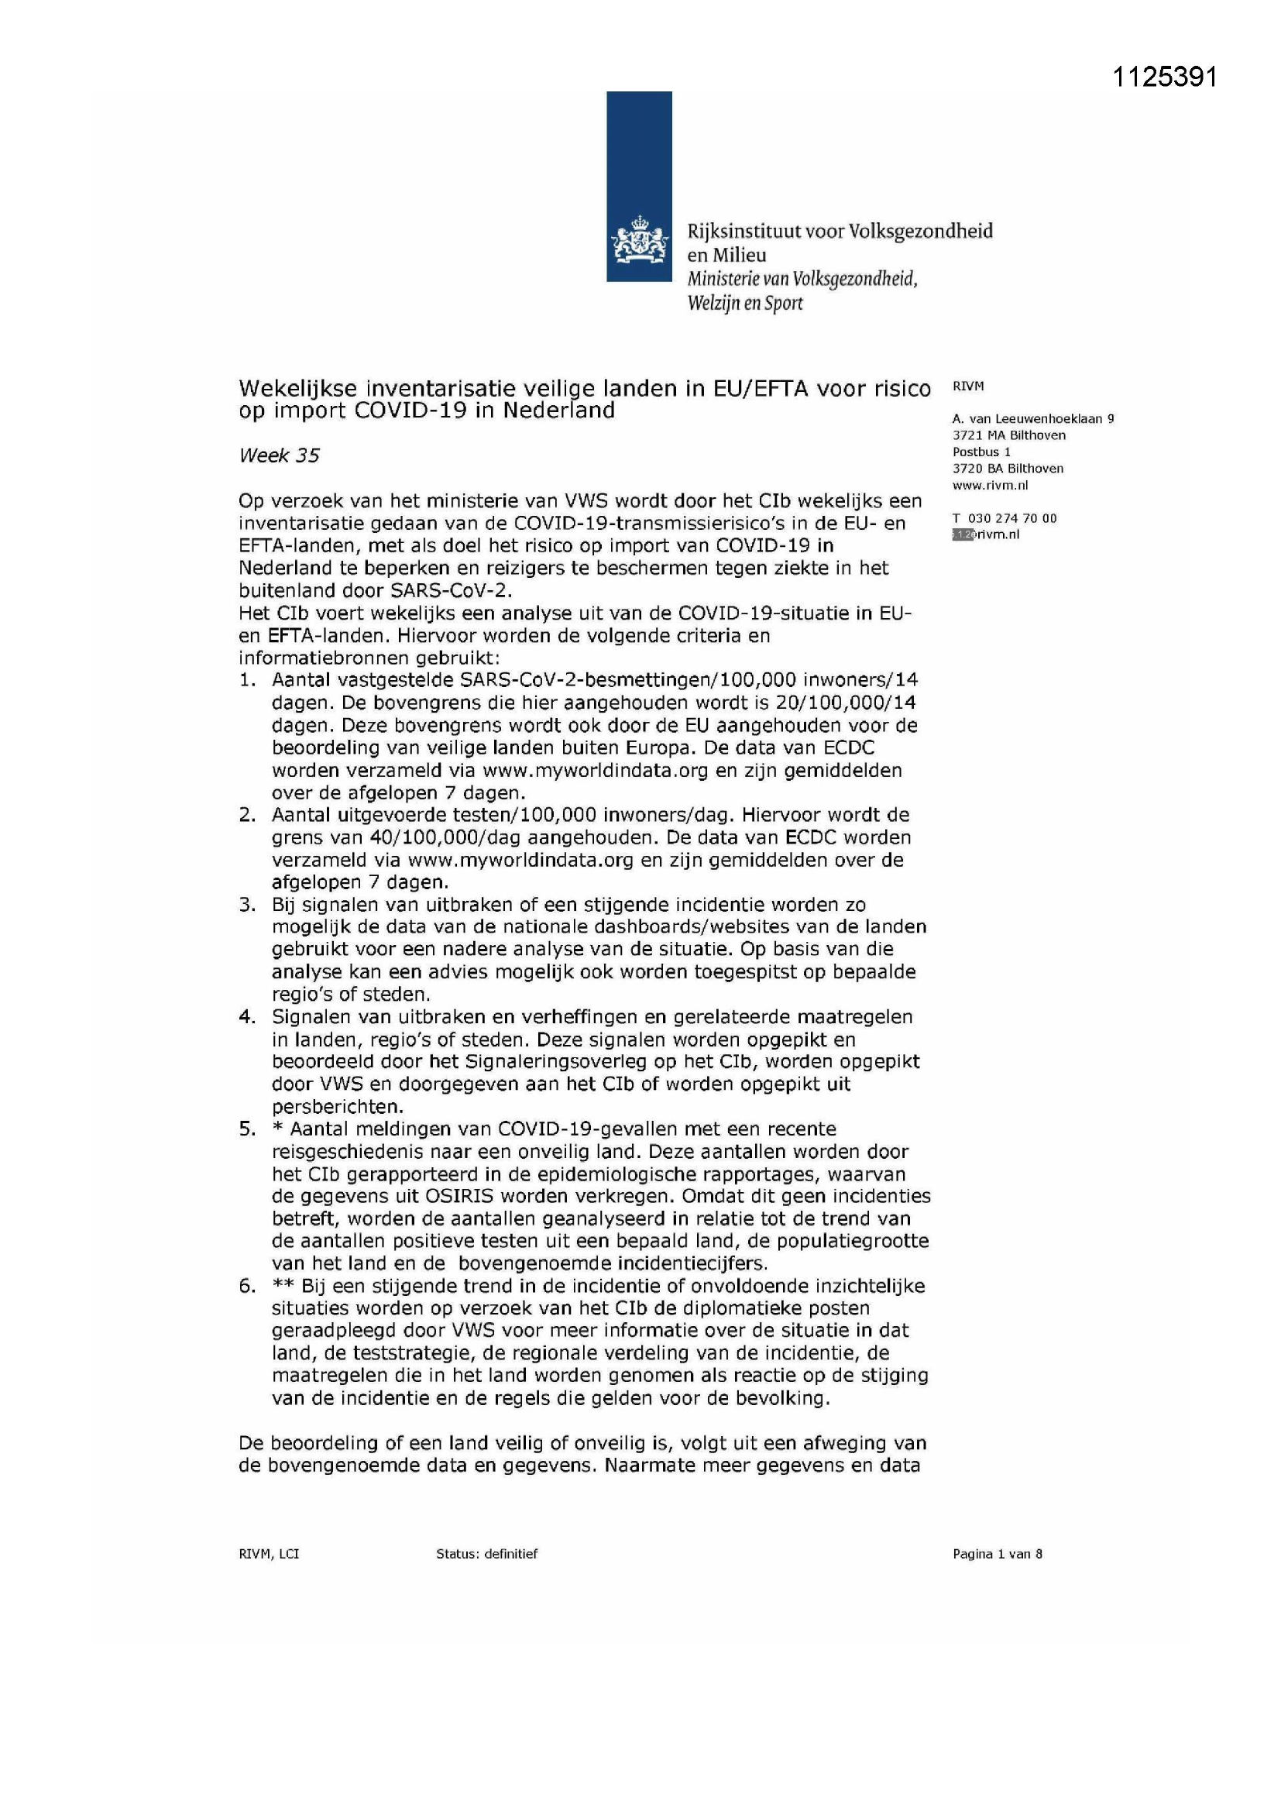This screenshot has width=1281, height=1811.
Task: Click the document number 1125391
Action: [x=1165, y=77]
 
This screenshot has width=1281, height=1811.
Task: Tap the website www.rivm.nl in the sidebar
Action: [x=990, y=486]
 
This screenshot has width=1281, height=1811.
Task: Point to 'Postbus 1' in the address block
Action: [x=981, y=452]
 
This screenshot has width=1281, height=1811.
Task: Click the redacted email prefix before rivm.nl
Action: [x=963, y=534]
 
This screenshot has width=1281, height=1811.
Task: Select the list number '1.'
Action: [x=248, y=680]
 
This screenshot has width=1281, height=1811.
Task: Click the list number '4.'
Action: [x=248, y=1018]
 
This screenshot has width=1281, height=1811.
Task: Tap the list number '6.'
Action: [x=248, y=1287]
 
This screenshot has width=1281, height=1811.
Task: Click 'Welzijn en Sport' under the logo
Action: [x=744, y=304]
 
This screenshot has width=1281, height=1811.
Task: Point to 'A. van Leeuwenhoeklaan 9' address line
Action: [x=1032, y=419]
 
